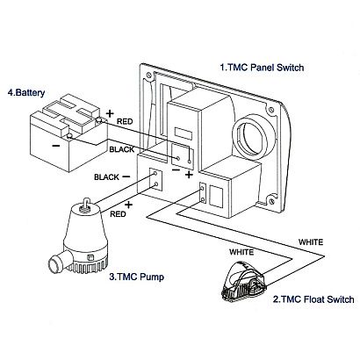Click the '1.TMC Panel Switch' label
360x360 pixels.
tap(262, 68)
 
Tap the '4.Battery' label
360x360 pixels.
tap(26, 93)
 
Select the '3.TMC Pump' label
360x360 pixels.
tap(137, 277)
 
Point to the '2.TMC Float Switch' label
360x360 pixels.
tap(313, 299)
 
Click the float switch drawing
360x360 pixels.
tap(244, 282)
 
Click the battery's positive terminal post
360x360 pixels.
tap(99, 120)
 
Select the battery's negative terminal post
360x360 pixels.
tap(69, 135)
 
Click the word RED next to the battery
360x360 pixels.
tap(125, 121)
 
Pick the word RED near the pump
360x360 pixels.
tap(118, 214)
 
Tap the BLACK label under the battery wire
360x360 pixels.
tap(122, 149)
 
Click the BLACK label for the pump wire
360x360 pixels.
tap(106, 177)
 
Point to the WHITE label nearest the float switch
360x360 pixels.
tap(241, 252)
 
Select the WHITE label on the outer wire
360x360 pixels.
tap(311, 242)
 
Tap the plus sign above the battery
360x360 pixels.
tap(110, 113)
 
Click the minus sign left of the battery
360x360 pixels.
tap(56, 146)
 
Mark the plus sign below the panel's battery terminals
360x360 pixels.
tap(189, 175)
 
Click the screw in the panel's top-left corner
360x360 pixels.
tap(148, 75)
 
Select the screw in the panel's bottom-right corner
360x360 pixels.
tap(272, 201)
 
